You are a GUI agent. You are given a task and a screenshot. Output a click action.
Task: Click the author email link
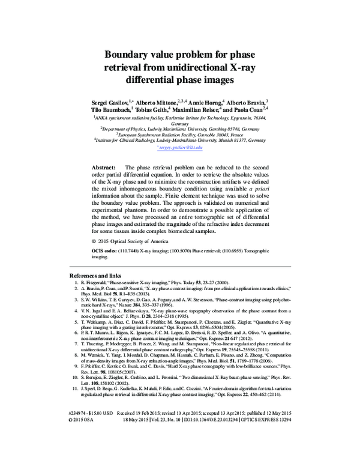pos(179,147)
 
